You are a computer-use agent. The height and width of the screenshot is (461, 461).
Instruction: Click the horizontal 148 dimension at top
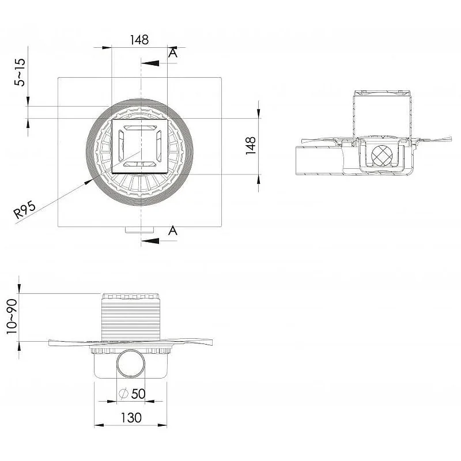pos(139,40)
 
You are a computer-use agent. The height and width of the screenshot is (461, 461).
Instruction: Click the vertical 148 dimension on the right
pos(251,145)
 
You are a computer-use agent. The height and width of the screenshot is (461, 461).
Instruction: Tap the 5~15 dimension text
pos(20,72)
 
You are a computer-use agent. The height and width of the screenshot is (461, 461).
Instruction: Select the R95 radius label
pos(25,209)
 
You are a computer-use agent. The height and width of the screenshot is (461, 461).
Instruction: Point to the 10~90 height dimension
pos(12,316)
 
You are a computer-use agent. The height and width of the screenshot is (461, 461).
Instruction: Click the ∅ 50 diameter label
pos(133,394)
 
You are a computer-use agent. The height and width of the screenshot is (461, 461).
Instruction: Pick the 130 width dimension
pos(131,417)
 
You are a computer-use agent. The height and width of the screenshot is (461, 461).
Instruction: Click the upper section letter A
pos(173,53)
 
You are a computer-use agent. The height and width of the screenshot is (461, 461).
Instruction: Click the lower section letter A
pos(173,231)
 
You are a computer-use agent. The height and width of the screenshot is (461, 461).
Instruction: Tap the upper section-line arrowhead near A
pos(150,63)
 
